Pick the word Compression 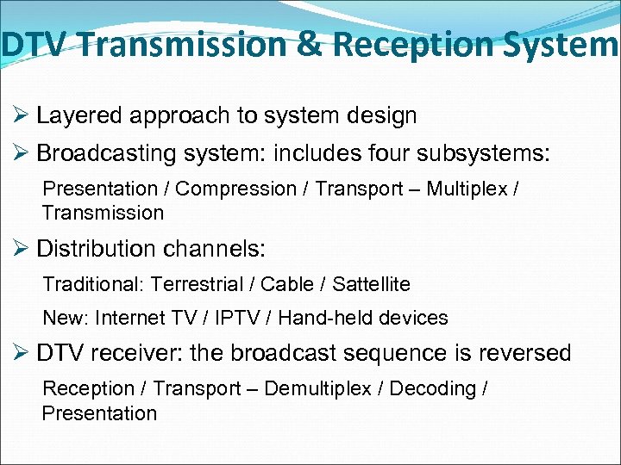(x=235, y=189)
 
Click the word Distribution (x=91, y=250)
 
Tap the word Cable (x=289, y=283)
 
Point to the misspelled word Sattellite (x=371, y=283)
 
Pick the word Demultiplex (x=318, y=388)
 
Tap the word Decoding (x=433, y=388)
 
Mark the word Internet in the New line (x=129, y=318)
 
